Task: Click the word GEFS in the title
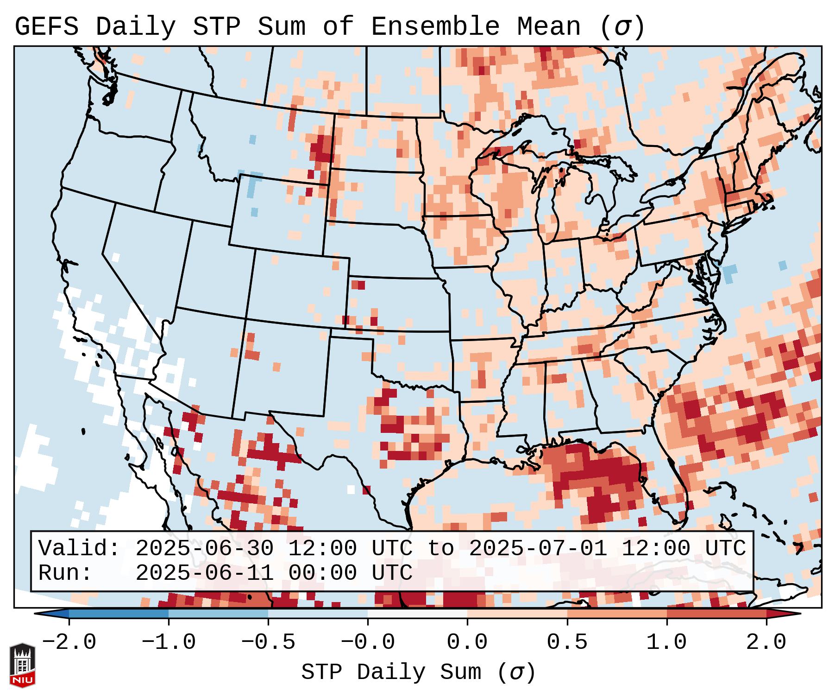[46, 27]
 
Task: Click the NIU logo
[22, 665]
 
